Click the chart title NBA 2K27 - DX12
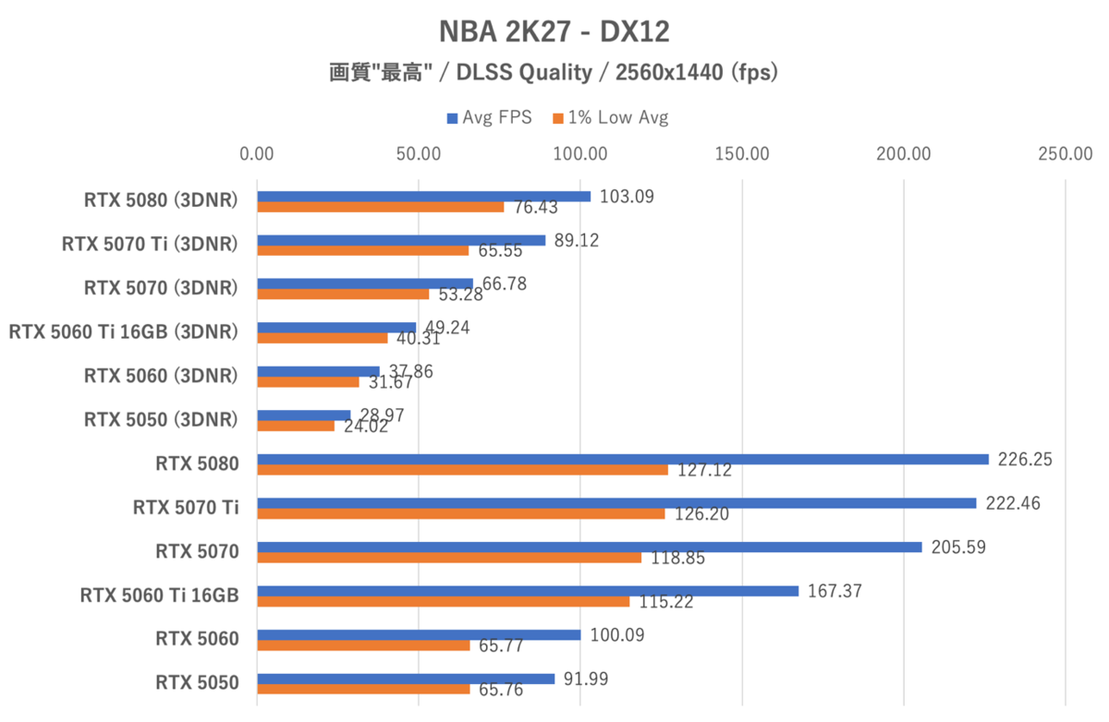(554, 31)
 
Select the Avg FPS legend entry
(489, 117)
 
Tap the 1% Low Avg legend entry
(611, 117)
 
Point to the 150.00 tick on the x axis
(741, 154)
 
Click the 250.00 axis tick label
(1065, 154)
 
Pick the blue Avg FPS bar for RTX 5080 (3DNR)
(424, 197)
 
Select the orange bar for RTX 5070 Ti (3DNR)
(363, 251)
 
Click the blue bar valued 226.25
(623, 460)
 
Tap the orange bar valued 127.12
(462, 470)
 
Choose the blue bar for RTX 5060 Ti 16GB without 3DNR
(528, 591)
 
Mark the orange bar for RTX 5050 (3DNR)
(296, 426)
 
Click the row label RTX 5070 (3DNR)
(161, 288)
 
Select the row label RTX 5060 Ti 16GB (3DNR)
(123, 331)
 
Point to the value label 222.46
(1013, 503)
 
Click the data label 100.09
(617, 635)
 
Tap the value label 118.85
(677, 558)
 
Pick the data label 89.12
(577, 240)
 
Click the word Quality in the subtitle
(555, 73)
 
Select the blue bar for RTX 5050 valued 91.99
(406, 679)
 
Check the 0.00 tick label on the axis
(257, 154)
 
